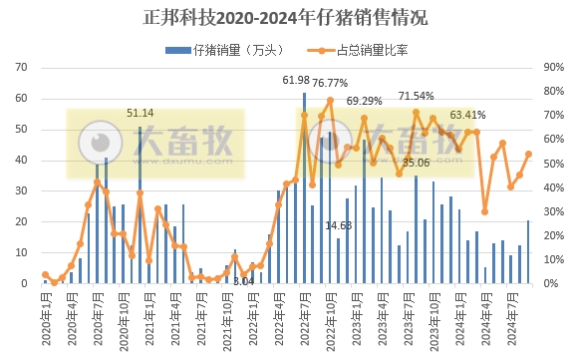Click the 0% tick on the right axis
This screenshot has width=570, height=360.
(549, 284)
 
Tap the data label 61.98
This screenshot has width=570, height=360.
(296, 80)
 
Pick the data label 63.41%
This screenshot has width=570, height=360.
(468, 115)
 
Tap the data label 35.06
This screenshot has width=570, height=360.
(416, 162)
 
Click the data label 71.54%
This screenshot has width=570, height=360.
(417, 96)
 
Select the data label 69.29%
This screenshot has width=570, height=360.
(365, 101)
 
